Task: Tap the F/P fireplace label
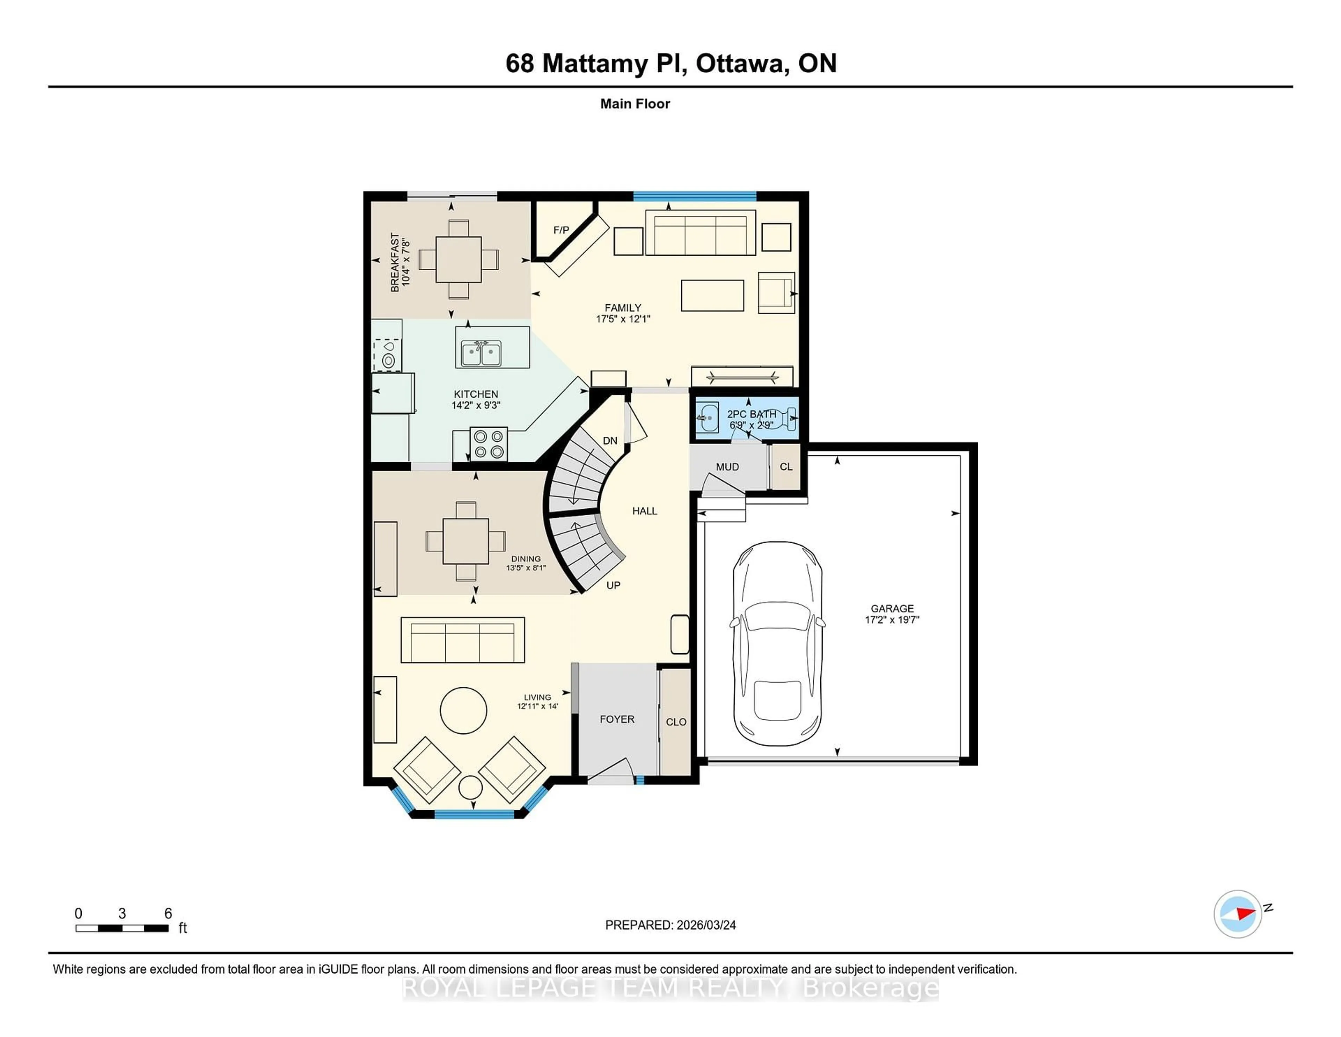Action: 560,230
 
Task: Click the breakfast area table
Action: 459,259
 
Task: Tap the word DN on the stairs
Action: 610,441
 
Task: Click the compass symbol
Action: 1237,914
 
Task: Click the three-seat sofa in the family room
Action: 699,233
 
